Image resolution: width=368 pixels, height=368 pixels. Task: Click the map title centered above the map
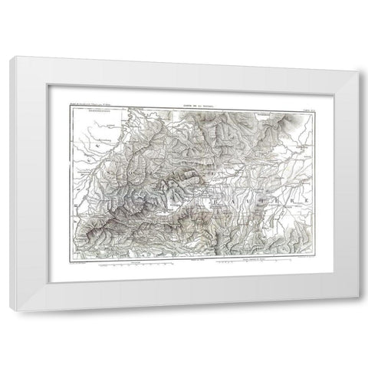click(183, 105)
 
